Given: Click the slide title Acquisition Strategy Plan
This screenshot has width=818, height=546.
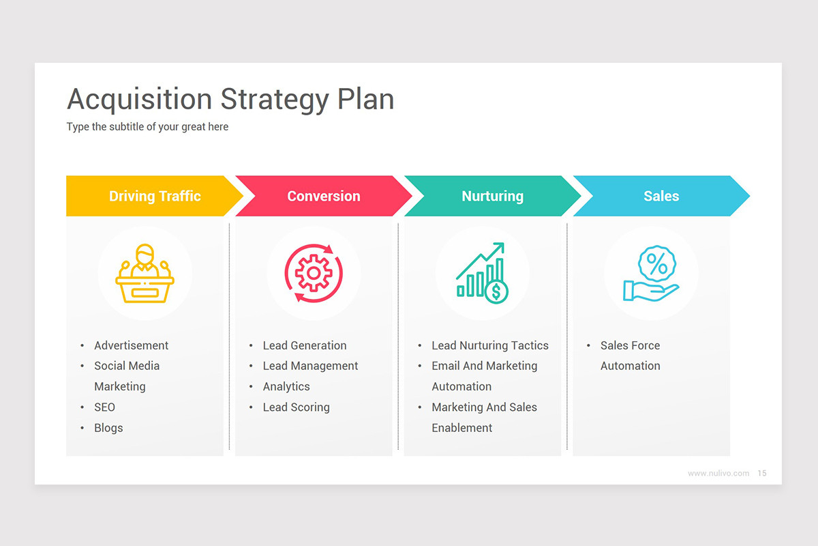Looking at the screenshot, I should click(x=230, y=100).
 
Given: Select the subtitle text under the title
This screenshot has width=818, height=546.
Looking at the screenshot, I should click(x=147, y=127).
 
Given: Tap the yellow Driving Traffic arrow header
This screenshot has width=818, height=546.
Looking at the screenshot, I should click(x=155, y=196).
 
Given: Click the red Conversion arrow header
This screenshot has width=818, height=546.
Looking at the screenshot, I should click(x=324, y=196).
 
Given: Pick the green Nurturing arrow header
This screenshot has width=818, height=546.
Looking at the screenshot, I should click(x=492, y=196).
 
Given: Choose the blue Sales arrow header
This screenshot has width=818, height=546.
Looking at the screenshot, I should click(x=661, y=196).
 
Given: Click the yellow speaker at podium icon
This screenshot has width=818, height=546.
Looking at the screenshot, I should click(x=145, y=273).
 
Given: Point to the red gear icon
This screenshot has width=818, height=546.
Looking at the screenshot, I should click(x=314, y=273).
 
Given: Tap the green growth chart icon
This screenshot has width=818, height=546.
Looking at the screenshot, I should click(x=482, y=273).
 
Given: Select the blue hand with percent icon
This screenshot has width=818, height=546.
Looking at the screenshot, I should click(x=651, y=273).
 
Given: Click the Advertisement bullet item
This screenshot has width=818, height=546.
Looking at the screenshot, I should click(x=131, y=345).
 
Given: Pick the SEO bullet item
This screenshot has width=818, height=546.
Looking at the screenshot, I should click(x=105, y=407).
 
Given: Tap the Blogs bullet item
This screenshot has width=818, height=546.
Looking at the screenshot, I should click(x=108, y=428).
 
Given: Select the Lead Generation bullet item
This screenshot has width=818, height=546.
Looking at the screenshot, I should click(x=305, y=345).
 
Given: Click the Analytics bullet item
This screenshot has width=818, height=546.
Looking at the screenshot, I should click(x=286, y=386).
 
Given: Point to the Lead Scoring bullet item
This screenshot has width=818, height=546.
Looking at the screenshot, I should click(x=296, y=407).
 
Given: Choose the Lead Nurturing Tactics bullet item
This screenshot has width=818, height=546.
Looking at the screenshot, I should click(x=489, y=345).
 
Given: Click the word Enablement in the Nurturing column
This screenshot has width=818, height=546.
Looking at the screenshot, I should click(x=461, y=428).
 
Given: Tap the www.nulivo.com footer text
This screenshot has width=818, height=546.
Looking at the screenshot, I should click(x=718, y=473).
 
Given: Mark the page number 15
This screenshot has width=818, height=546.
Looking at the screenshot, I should click(x=762, y=473).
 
